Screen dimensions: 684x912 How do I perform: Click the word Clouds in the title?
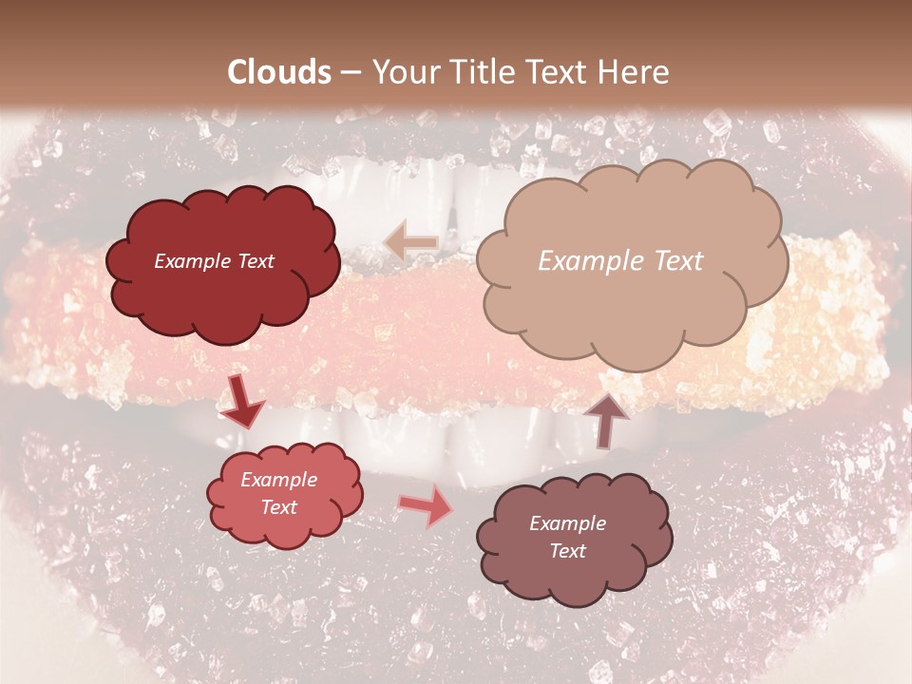(x=279, y=72)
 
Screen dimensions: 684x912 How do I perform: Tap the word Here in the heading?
(x=635, y=72)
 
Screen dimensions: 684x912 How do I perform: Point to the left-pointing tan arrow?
(x=411, y=241)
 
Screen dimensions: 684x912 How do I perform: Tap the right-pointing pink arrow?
(x=425, y=505)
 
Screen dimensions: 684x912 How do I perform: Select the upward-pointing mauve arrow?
(x=605, y=419)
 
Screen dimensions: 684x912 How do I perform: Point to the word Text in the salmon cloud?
(x=279, y=507)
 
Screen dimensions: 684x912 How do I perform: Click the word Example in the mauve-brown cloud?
(x=567, y=523)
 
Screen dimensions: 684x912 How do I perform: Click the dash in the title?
(x=351, y=72)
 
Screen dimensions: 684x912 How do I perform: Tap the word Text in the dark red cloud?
(x=256, y=261)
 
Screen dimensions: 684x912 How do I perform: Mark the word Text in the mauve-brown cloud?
(x=567, y=551)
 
